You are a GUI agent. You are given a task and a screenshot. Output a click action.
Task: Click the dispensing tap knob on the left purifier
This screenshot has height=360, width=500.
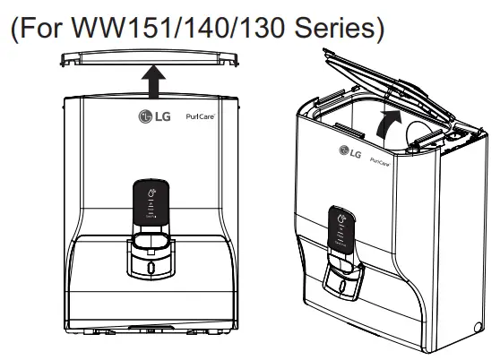(149, 266)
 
